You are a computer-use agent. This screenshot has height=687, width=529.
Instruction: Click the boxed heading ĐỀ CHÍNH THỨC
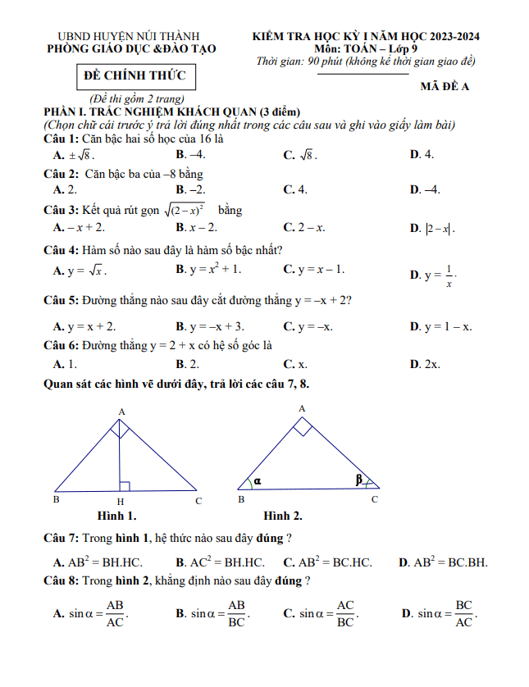point(135,77)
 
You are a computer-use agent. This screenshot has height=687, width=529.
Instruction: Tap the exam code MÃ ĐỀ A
point(444,87)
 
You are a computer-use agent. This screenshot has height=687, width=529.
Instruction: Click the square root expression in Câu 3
point(184,211)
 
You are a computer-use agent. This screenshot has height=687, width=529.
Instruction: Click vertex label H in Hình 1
point(120,501)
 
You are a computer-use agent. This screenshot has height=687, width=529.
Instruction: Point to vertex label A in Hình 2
point(301,407)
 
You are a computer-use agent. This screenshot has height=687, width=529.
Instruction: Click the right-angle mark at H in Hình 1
point(125,486)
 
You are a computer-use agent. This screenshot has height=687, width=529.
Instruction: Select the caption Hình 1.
point(116,516)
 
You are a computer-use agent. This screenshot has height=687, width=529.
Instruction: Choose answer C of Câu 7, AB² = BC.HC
point(327,562)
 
